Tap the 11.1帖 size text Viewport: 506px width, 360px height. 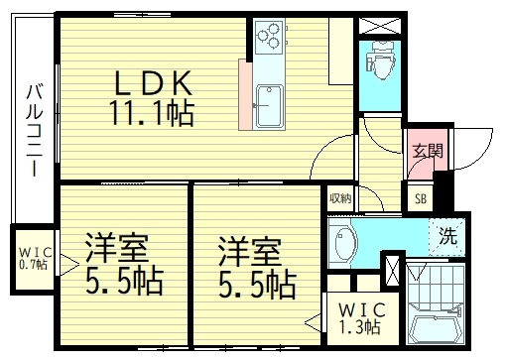[x=151, y=114]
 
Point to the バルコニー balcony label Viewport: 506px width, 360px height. [x=33, y=130]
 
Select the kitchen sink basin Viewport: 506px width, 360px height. [x=269, y=107]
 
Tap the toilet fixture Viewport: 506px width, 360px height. [x=379, y=62]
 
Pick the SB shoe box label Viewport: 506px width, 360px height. [x=420, y=196]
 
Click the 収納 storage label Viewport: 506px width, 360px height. [x=340, y=197]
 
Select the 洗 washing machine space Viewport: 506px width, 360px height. [x=447, y=236]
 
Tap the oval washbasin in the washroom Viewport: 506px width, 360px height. [x=344, y=243]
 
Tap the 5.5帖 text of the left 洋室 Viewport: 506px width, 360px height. [x=124, y=283]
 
